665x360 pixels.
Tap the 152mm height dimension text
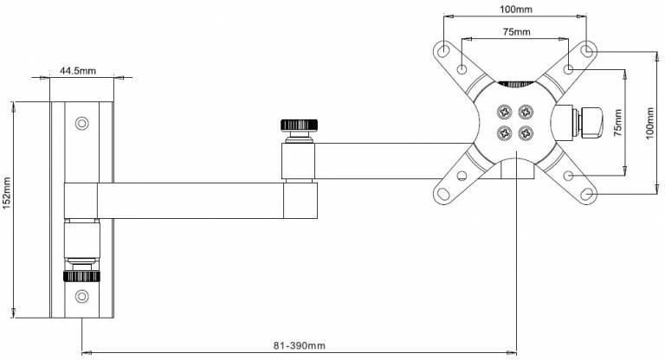coord(7,208)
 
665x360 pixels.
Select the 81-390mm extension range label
coord(298,345)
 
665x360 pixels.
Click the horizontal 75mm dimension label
coord(517,33)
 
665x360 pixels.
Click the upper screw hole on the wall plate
coord(82,123)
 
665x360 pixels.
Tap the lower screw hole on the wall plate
coord(82,297)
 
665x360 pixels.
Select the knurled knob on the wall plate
coord(82,276)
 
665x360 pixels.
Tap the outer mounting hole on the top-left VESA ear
coord(445,48)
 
